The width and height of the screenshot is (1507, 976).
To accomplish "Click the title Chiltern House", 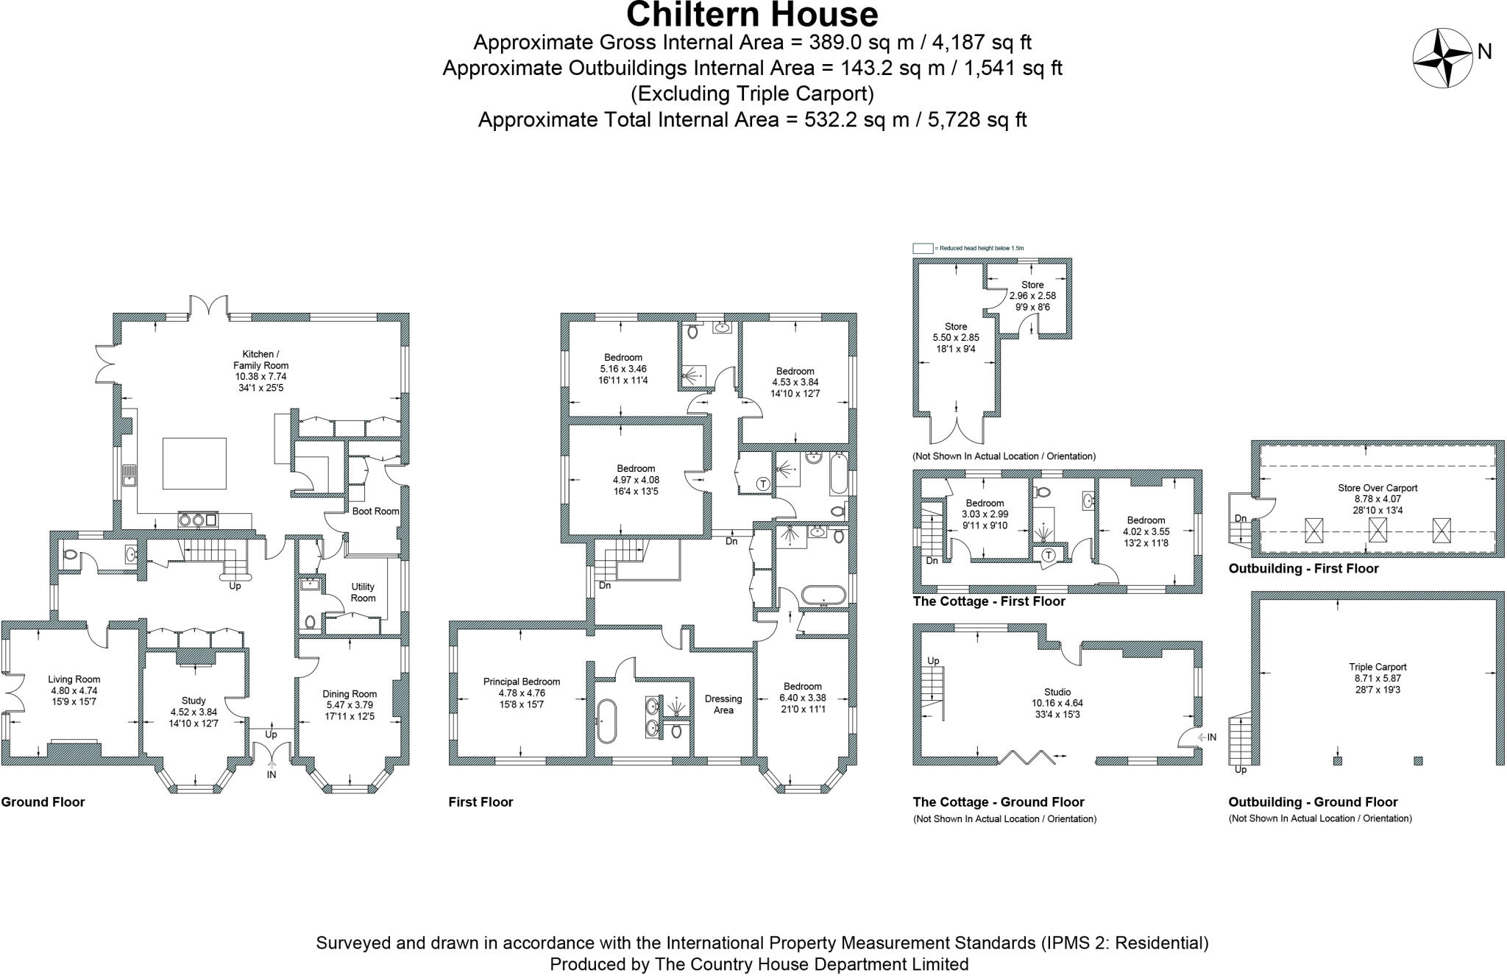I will (x=752, y=15).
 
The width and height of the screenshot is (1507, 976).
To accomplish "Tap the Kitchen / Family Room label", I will (x=260, y=360).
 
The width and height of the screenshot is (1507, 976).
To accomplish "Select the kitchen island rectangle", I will (x=194, y=464).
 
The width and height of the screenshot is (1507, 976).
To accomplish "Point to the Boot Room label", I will (x=375, y=511).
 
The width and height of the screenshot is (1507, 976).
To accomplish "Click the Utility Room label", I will (x=363, y=592).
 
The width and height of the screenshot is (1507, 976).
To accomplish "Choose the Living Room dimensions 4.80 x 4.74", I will (x=74, y=691).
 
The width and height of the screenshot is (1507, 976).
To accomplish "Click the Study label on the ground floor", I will (x=194, y=701).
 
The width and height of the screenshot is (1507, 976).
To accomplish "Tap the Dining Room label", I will (x=350, y=693).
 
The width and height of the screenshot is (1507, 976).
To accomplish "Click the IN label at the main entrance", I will (x=272, y=774).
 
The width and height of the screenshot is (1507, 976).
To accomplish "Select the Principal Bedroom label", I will (x=522, y=682).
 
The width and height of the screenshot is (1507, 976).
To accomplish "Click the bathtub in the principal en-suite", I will (x=606, y=721).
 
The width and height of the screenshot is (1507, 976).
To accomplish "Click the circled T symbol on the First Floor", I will (x=763, y=484).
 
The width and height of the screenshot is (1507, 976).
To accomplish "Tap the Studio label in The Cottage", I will (x=1057, y=692).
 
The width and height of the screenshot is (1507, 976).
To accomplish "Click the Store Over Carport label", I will (x=1377, y=488).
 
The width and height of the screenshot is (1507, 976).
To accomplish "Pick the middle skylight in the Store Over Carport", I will (x=1377, y=530).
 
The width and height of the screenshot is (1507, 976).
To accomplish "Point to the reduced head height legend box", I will (x=923, y=248).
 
